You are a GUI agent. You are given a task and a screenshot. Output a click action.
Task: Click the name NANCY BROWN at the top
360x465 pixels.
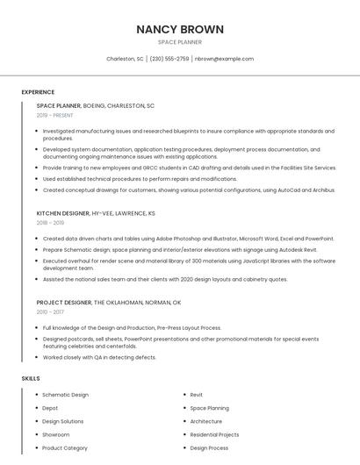[x=180, y=29]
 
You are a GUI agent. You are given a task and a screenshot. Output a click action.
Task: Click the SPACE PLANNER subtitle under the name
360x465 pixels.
[x=180, y=42]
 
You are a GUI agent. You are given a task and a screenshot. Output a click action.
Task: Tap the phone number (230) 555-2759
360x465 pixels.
[x=169, y=59]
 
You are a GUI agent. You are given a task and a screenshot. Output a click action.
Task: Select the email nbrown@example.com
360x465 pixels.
[x=224, y=59]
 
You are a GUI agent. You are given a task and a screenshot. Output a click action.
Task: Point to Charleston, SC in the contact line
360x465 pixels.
[x=125, y=59]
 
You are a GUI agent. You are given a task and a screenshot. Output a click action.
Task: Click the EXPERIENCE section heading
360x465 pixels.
[x=38, y=92]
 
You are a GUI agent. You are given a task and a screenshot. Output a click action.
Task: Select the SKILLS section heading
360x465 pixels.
[x=31, y=378]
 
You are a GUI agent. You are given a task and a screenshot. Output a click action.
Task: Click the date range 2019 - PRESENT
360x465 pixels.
[x=55, y=115]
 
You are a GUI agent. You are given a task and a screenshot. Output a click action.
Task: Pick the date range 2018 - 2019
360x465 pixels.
[x=50, y=223]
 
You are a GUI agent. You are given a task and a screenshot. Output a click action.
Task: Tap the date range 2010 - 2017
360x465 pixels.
[x=50, y=311]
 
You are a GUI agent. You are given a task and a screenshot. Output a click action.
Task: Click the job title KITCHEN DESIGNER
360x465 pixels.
[x=63, y=213]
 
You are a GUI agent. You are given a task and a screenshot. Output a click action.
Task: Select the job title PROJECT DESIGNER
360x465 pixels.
[x=64, y=302]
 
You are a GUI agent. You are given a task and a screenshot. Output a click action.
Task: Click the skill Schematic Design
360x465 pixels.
[x=66, y=395]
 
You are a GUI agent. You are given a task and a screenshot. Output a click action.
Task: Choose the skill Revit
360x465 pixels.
[x=197, y=395]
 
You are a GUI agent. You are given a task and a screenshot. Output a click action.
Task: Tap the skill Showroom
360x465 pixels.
[x=56, y=434]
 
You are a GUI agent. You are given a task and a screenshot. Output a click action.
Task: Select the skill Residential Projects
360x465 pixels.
[x=214, y=434]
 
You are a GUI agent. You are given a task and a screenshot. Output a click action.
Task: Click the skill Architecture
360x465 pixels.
[x=206, y=421]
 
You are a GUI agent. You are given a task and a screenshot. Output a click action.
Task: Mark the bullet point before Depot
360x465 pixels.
[x=36, y=408]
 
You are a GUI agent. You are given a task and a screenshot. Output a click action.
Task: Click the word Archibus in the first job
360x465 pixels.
[x=323, y=190]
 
